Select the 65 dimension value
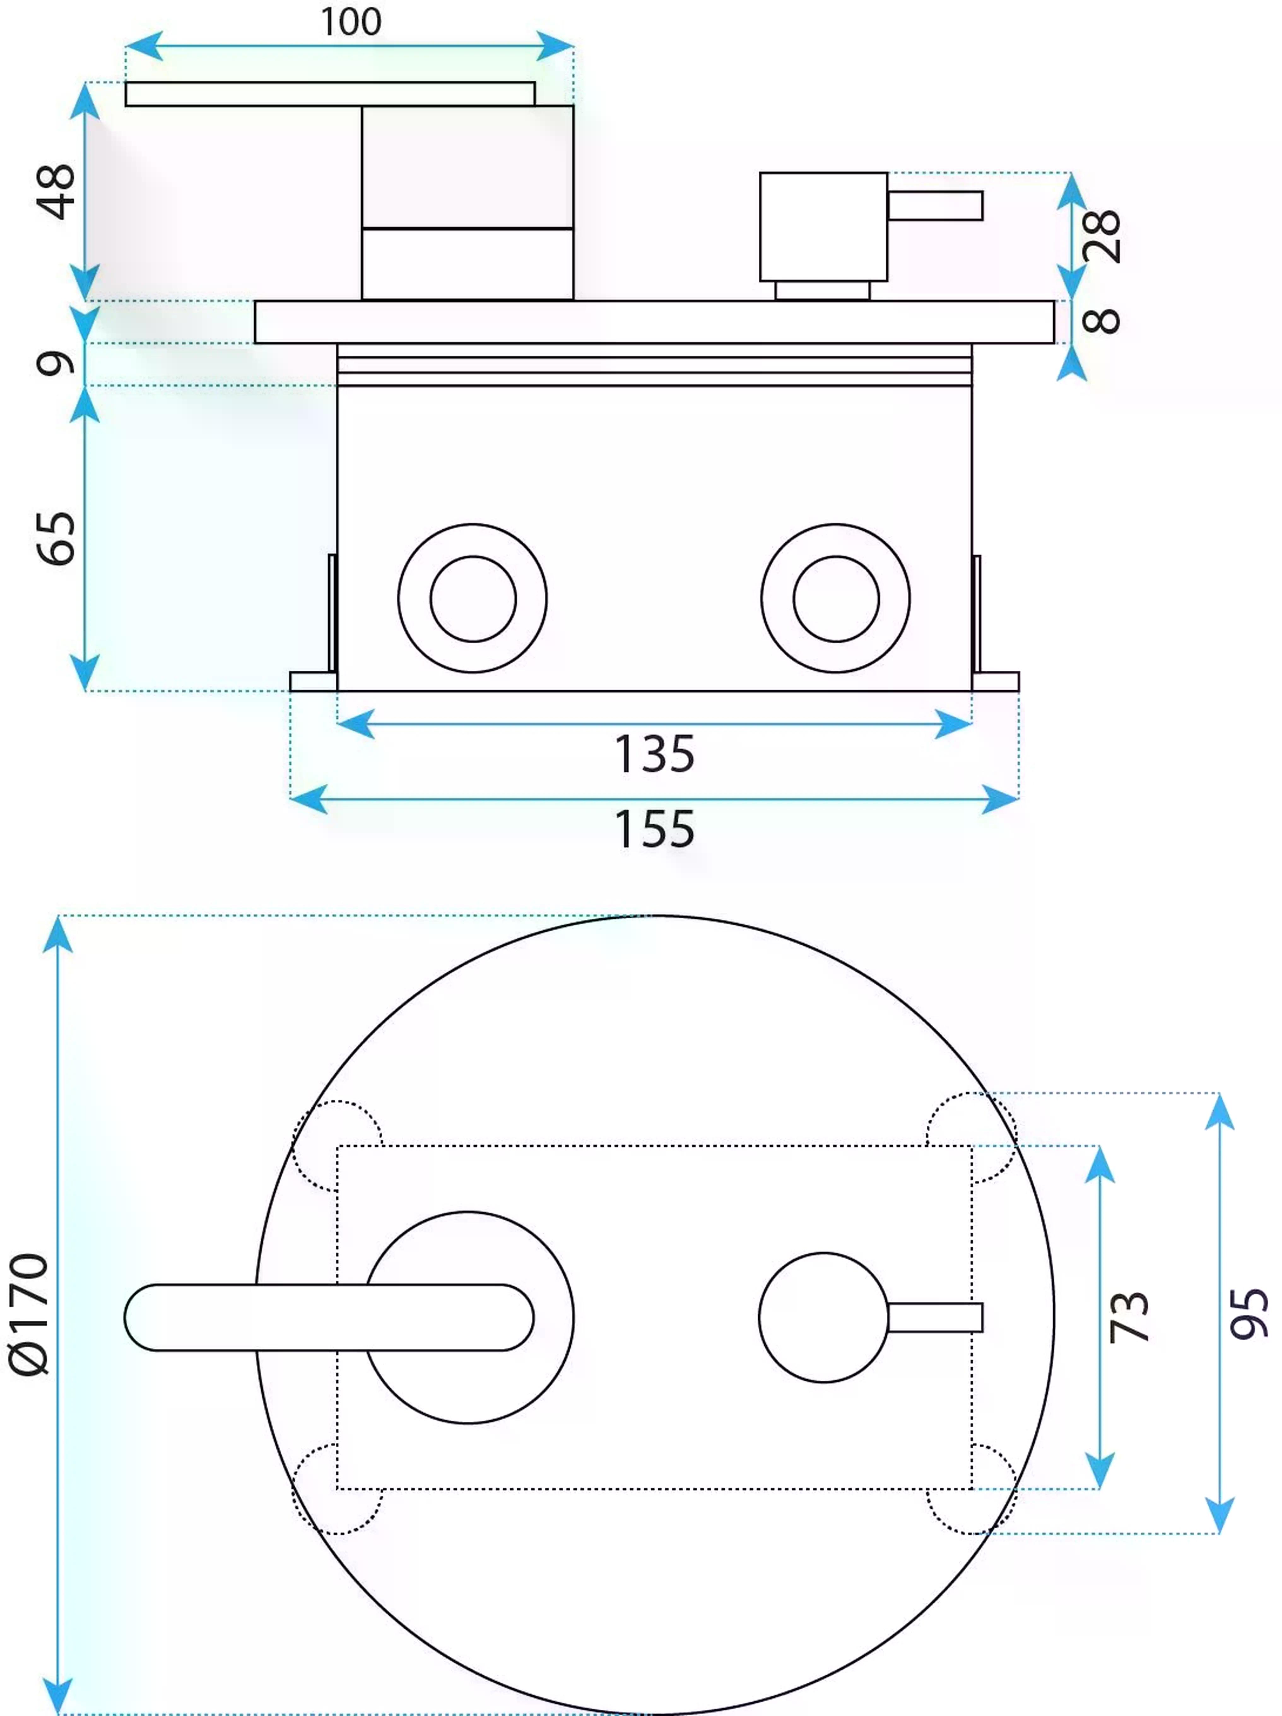(x=56, y=538)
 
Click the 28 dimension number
(x=1101, y=236)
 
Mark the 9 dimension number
(x=56, y=363)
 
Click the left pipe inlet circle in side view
(x=472, y=598)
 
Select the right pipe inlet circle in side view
(x=835, y=598)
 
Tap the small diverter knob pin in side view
(x=935, y=206)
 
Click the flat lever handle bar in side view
(x=330, y=94)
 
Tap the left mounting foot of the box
(x=313, y=681)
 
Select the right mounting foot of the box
(x=996, y=681)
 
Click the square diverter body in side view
(x=824, y=227)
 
